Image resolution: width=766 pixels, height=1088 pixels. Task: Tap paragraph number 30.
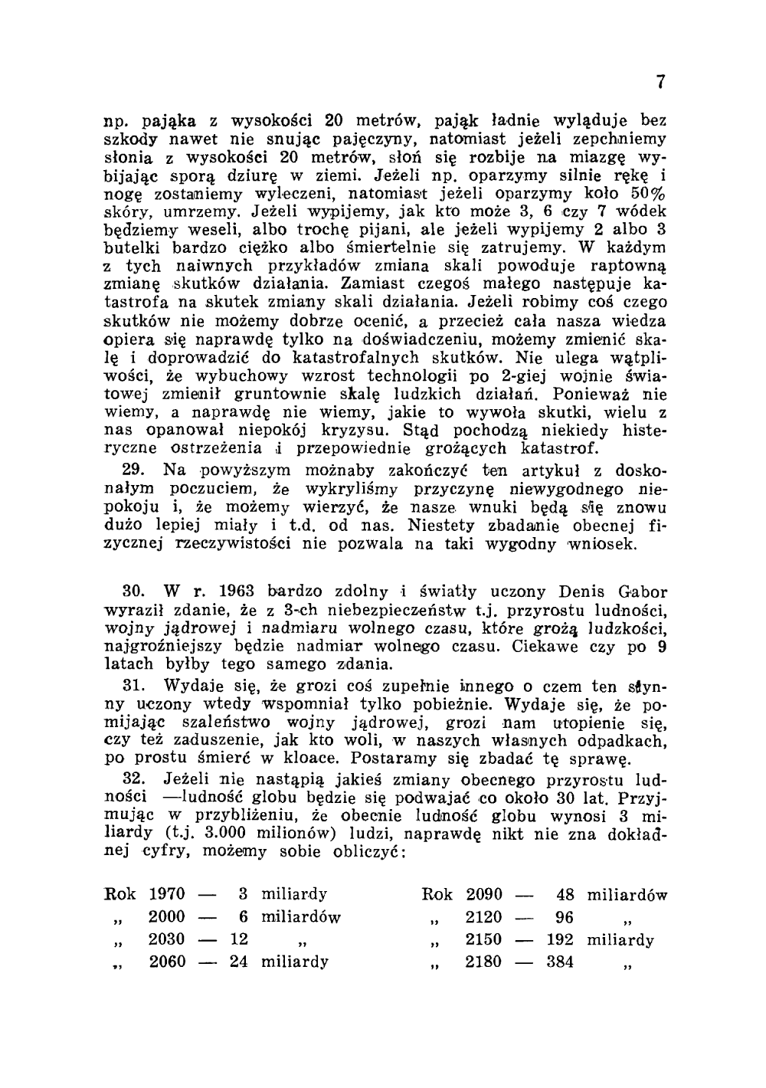pos(133,592)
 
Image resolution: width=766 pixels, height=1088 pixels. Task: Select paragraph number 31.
pos(133,685)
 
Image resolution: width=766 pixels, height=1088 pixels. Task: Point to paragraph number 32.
pos(133,778)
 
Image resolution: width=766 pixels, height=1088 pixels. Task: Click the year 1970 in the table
pos(166,894)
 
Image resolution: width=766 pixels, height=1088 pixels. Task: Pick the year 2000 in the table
pos(166,917)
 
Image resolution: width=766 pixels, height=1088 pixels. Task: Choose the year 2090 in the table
pos(484,894)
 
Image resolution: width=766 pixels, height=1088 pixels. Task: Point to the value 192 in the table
pos(560,940)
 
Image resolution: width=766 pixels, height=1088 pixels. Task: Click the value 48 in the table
pos(565,894)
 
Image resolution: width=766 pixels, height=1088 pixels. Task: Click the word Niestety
pos(441,526)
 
